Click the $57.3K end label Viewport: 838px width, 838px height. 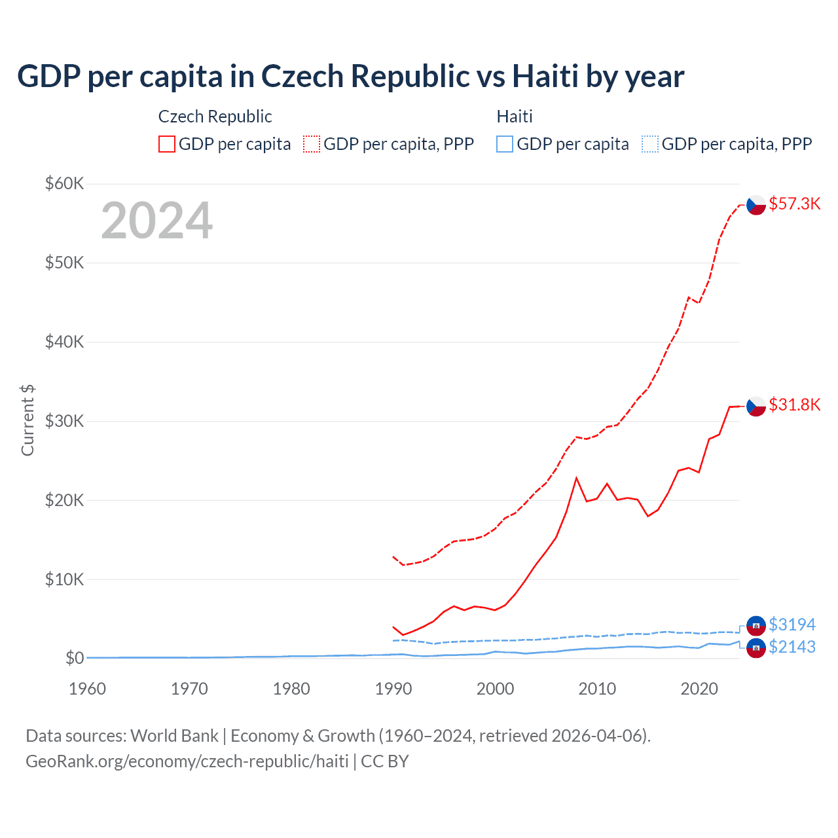[794, 204]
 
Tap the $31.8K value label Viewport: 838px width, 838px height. [794, 405]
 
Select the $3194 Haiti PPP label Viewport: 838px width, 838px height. [792, 625]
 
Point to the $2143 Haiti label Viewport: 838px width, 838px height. [792, 647]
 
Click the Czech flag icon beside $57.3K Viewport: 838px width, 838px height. [756, 205]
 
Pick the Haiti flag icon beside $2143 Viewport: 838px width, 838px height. [756, 648]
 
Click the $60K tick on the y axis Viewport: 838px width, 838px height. [64, 183]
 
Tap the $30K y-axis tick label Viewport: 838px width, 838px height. [64, 421]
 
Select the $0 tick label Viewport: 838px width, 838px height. [74, 658]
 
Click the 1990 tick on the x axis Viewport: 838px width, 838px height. [393, 689]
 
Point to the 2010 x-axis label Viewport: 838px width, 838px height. [597, 689]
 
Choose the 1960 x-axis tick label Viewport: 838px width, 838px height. [88, 689]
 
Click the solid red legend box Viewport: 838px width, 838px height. [167, 144]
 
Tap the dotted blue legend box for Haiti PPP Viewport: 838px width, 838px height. [650, 144]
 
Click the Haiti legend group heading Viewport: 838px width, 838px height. [515, 117]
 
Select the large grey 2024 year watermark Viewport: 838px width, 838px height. [156, 221]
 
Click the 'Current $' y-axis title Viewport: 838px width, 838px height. [27, 420]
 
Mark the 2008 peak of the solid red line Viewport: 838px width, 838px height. [576, 478]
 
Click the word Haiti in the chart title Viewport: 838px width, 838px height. [545, 76]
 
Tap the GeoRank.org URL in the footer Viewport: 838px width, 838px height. [187, 761]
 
